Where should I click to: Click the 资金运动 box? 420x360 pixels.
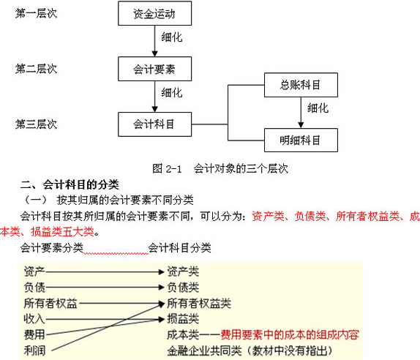coord(155,13)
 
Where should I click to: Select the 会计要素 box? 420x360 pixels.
coord(155,69)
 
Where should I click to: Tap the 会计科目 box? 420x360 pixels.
coord(155,124)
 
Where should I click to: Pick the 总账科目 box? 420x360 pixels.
coord(301,85)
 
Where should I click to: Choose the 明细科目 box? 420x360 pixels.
coord(301,140)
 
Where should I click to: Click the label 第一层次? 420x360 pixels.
coord(36,13)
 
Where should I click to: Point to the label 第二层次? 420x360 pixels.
coord(36,69)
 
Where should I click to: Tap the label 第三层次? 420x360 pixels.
coord(36,124)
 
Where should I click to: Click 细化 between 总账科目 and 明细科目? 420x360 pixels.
coord(318,108)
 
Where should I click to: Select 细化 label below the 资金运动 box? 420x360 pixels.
coord(172,37)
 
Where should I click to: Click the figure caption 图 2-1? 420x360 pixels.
coord(167,169)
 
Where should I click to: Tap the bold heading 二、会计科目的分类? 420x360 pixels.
coord(70,184)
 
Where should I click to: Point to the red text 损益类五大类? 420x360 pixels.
coord(62,231)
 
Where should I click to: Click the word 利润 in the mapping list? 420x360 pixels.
coord(34,350)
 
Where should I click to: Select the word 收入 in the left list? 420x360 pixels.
coord(34,319)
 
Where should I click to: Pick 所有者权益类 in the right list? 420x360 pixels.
coord(199,303)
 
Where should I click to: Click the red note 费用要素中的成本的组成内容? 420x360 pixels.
coord(290,334)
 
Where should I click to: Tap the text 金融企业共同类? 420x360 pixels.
coord(204,350)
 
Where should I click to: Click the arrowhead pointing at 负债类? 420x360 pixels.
coord(161,288)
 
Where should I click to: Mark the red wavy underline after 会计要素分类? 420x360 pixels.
coord(116,253)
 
